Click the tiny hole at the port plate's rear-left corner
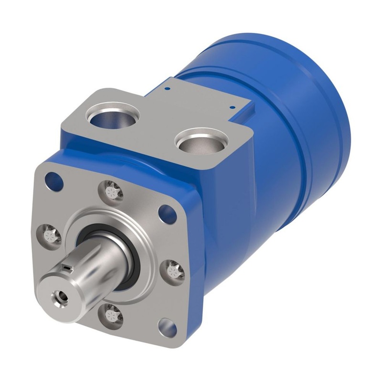[x=167, y=88]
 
